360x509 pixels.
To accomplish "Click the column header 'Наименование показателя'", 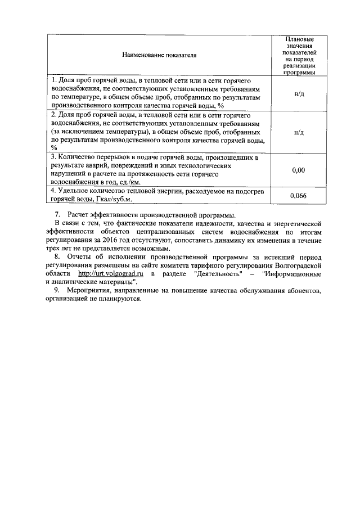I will (158, 56).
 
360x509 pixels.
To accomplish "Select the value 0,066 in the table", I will (299, 195).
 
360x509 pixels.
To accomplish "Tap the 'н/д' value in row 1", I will (299, 93).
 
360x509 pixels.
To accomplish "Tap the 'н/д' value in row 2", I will (299, 132).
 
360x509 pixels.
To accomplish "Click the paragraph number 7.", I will (57, 215).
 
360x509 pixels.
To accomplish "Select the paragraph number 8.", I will (57, 257).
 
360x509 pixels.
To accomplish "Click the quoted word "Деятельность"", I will (216, 273).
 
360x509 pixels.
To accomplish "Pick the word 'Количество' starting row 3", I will (78, 157).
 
